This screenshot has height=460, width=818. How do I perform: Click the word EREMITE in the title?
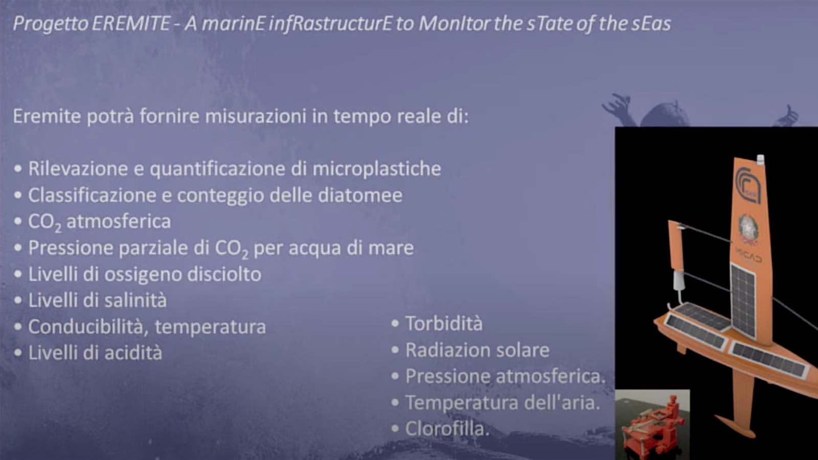pos(131,24)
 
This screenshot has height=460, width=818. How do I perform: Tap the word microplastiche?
pos(377,169)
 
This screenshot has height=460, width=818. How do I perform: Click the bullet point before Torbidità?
pos(395,324)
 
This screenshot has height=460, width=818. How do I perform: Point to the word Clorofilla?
pos(447,429)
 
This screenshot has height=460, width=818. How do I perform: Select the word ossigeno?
pos(143,274)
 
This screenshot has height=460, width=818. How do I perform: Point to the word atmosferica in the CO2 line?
pos(118,221)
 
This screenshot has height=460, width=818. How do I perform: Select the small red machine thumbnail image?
pos(652,425)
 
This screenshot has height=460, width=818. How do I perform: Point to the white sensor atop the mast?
pos(760,159)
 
